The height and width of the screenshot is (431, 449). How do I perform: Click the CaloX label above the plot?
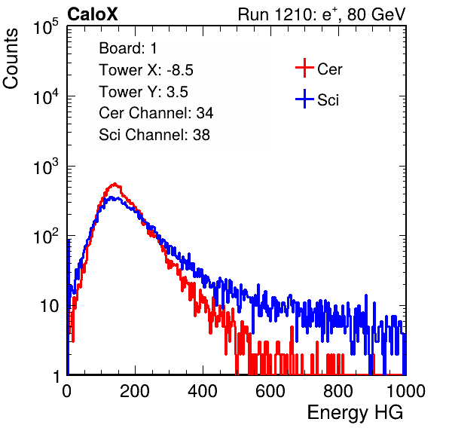[93, 14]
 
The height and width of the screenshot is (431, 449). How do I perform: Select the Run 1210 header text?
[322, 14]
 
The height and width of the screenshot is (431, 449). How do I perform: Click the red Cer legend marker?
[304, 68]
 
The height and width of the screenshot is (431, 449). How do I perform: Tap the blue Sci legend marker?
[304, 99]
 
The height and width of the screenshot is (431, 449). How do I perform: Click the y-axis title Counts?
[11, 59]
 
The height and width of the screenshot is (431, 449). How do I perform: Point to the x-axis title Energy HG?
[355, 413]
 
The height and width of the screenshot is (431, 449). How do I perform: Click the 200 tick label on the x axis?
[135, 391]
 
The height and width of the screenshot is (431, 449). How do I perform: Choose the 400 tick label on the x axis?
[203, 391]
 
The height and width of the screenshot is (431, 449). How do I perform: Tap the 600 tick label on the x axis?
[270, 391]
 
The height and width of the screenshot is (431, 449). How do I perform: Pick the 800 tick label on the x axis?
[338, 391]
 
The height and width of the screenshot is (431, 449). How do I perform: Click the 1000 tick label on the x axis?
[406, 391]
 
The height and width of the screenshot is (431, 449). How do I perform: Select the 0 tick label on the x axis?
[67, 391]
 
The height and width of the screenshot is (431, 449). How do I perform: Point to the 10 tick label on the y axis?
[50, 306]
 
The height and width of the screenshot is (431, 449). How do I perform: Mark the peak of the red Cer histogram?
[115, 183]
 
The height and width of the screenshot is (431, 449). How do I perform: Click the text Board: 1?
[128, 48]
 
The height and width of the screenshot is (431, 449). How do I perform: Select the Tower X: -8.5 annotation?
[146, 70]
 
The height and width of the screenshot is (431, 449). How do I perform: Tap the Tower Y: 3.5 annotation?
[143, 92]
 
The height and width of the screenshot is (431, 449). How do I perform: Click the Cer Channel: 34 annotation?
[156, 113]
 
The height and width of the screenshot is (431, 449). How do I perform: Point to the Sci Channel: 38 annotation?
[154, 135]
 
